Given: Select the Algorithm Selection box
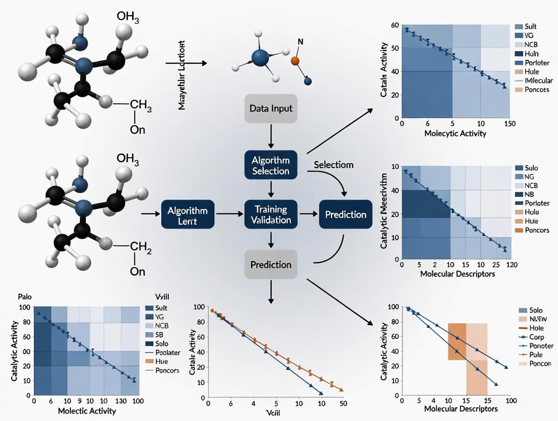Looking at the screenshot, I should tap(271, 165).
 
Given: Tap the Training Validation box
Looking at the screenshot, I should tap(271, 214).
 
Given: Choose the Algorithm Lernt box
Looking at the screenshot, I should tap(188, 214).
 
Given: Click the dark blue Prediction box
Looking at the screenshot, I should tap(345, 214).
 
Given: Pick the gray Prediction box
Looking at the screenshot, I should tap(271, 264).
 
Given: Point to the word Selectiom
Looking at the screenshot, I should tap(334, 165).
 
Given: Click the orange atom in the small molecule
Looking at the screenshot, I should tap(296, 61).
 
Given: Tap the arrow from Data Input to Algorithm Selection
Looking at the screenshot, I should tap(271, 136).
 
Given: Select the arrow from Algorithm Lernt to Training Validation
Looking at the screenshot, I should tap(229, 214).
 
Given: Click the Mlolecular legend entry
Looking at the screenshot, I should tap(539, 80).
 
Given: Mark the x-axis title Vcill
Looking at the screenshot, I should tap(272, 412).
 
